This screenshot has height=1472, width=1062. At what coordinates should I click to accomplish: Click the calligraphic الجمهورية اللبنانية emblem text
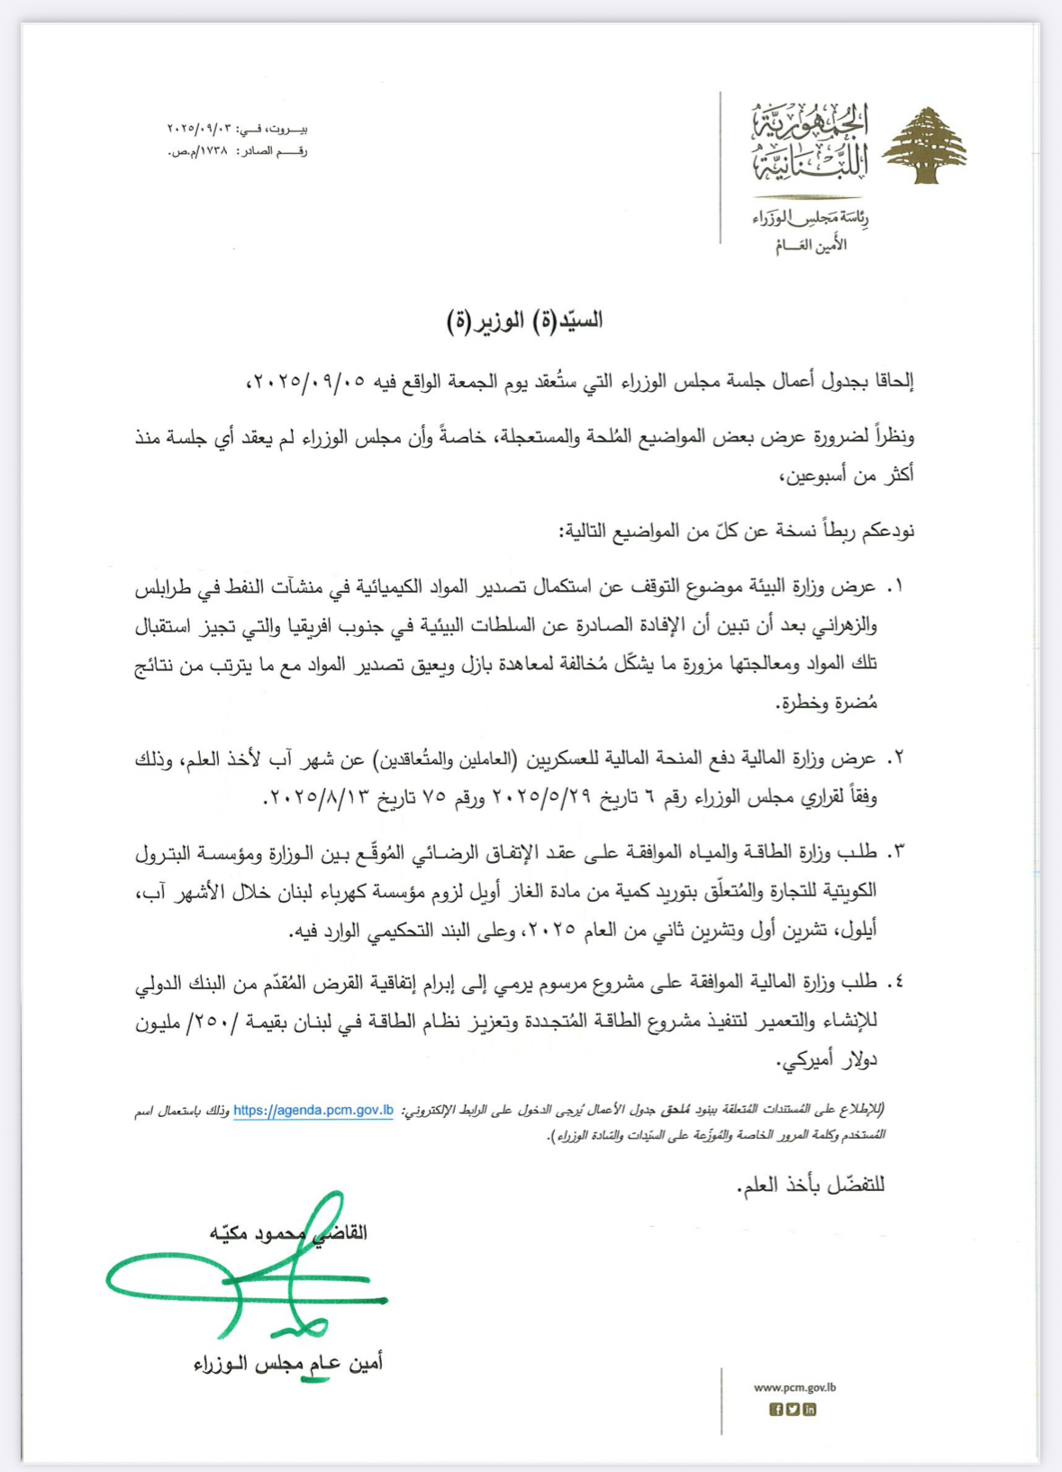(x=811, y=142)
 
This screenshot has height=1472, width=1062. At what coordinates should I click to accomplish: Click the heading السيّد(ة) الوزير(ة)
(x=525, y=320)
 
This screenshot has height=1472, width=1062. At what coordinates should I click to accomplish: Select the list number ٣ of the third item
(x=894, y=852)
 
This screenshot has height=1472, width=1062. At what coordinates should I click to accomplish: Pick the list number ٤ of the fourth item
(x=894, y=982)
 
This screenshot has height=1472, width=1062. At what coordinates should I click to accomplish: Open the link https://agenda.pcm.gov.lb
(x=313, y=1110)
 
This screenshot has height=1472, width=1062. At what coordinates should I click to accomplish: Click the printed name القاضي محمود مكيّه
(x=288, y=1232)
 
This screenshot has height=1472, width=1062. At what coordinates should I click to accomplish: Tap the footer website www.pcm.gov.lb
(x=794, y=1387)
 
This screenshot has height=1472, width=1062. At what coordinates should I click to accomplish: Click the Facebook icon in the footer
(x=776, y=1410)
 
